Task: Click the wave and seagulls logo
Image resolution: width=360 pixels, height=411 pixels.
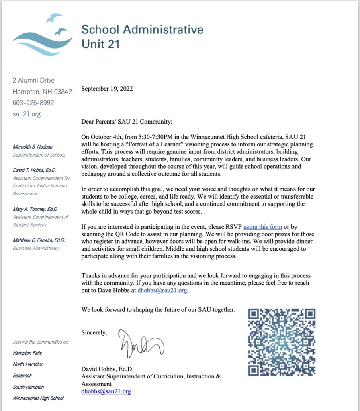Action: click(x=43, y=35)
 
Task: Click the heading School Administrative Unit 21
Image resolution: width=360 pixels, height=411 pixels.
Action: click(x=142, y=36)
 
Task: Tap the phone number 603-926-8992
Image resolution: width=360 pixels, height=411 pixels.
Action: click(x=33, y=103)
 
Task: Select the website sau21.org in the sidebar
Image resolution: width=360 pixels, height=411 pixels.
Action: click(x=27, y=114)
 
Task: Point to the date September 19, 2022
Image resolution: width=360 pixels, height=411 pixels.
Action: click(x=107, y=89)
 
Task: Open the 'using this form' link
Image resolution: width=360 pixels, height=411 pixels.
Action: click(x=262, y=227)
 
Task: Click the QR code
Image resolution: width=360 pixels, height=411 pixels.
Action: click(x=282, y=342)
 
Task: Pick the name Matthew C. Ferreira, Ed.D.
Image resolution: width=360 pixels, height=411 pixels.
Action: click(x=39, y=240)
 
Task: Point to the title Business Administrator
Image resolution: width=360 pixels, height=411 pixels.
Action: click(x=36, y=248)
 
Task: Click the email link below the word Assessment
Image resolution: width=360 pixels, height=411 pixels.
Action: click(x=106, y=391)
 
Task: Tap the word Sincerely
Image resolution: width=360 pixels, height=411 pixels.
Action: click(x=94, y=332)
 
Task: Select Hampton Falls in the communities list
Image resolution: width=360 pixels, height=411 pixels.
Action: click(x=27, y=353)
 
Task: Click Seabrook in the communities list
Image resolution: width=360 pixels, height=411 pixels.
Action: click(x=22, y=376)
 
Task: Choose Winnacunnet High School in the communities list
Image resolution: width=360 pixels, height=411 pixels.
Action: click(x=38, y=398)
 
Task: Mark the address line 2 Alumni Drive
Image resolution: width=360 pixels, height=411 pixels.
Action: click(x=34, y=80)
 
